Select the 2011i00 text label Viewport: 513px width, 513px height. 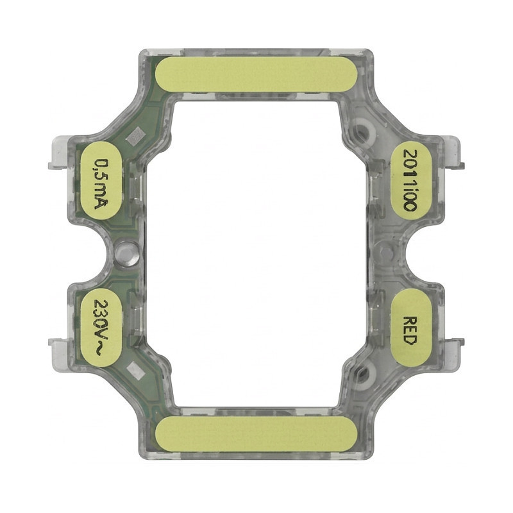410,181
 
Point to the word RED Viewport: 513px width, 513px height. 410,330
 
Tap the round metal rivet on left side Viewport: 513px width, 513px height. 126,252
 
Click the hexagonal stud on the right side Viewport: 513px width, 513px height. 387,251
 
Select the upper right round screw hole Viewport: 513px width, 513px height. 366,131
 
